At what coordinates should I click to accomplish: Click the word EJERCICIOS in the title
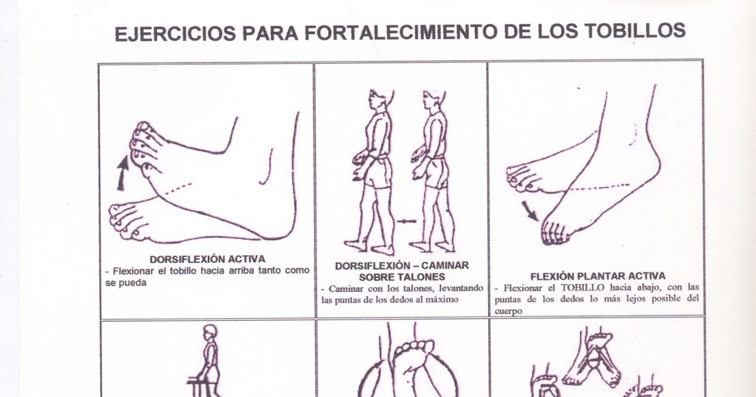click(x=176, y=33)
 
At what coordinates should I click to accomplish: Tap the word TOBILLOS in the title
click(x=635, y=31)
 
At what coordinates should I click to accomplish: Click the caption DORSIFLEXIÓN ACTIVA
click(x=207, y=259)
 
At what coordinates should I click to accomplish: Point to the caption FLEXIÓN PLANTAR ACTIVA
click(x=598, y=276)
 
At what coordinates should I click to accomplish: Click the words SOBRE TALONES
click(x=402, y=277)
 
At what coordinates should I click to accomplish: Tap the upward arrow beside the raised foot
click(x=123, y=173)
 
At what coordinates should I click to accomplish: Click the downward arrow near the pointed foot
click(x=530, y=210)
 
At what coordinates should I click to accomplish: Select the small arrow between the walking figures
click(x=407, y=221)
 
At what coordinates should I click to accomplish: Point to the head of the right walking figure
click(x=434, y=100)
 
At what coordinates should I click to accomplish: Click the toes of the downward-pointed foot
click(x=554, y=233)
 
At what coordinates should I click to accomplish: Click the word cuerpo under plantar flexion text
click(x=508, y=311)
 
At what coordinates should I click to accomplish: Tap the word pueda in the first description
click(x=126, y=283)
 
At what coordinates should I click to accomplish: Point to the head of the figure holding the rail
click(x=210, y=333)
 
